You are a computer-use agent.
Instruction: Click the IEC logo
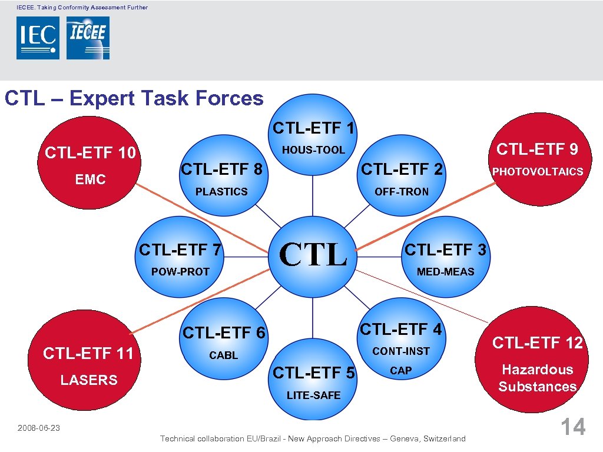coord(38,38)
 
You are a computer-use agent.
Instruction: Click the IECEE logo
coord(88,38)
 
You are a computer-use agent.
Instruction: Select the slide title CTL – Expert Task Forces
coord(134,98)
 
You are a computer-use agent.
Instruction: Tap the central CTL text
coord(313,254)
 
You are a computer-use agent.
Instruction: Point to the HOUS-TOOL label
coord(313,150)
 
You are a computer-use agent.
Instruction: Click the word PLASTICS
coord(221,192)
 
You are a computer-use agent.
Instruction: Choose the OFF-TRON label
coord(402,192)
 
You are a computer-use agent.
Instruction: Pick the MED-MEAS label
coord(445,272)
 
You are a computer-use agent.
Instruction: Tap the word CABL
coord(224,355)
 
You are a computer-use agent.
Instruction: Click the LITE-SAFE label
coord(313,395)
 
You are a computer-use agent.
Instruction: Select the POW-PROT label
coord(180,272)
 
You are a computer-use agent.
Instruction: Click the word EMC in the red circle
coord(90,180)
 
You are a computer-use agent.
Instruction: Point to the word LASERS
coord(89,380)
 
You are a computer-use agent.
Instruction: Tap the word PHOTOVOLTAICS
coord(538,172)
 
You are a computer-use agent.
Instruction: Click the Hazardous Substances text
coord(537,378)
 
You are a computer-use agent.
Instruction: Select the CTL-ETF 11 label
coord(88,353)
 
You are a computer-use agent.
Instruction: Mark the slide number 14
coord(572,427)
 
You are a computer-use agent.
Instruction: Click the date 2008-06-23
coord(39,428)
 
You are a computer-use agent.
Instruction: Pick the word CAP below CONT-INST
coord(401,371)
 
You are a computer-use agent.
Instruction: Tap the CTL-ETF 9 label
coord(537,149)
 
